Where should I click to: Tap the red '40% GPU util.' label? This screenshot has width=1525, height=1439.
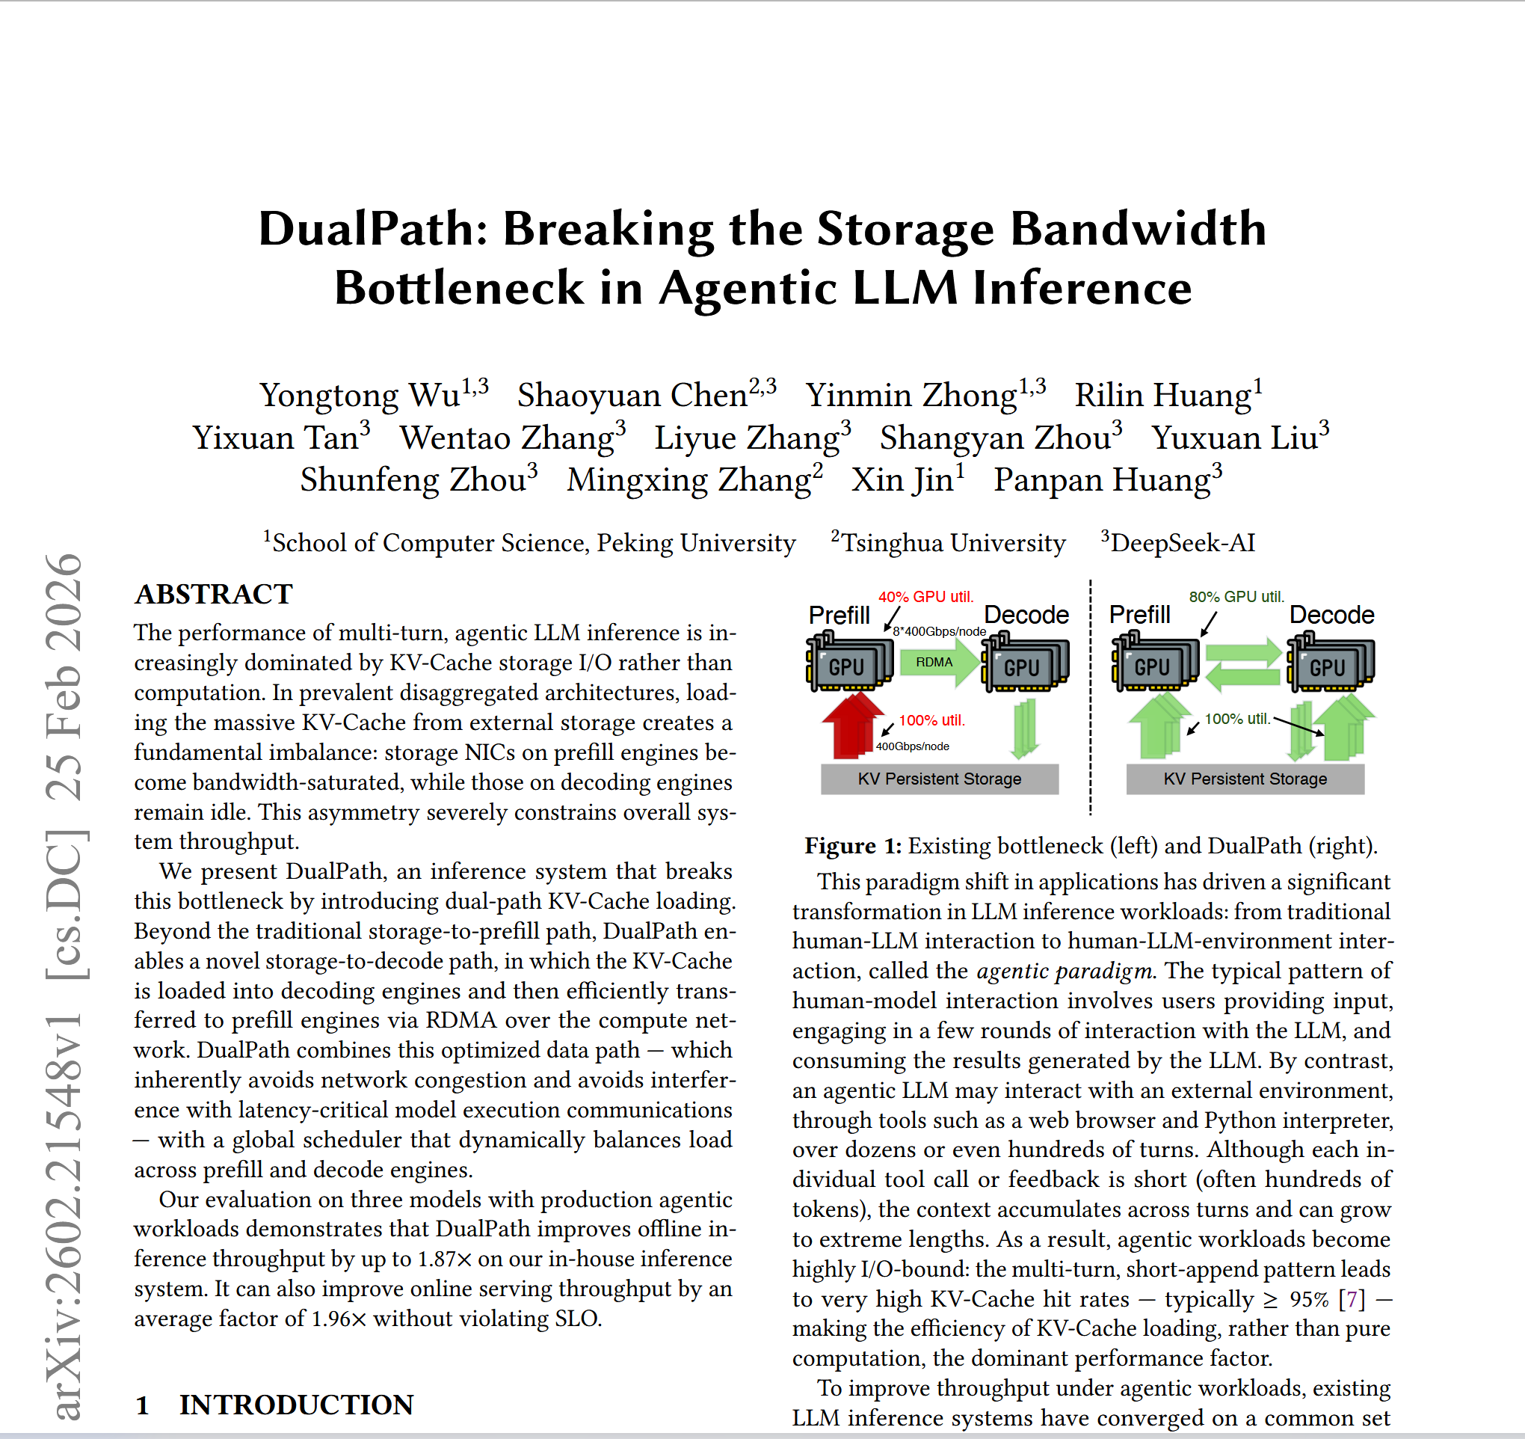[925, 597]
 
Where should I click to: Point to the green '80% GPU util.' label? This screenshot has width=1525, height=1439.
[1236, 597]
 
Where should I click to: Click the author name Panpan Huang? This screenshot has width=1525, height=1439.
[1102, 480]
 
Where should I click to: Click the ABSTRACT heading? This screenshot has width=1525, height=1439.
[214, 594]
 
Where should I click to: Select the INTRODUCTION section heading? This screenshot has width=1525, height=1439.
[296, 1405]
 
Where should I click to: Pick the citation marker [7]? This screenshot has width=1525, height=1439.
[1352, 1299]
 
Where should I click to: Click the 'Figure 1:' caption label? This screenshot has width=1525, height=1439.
[852, 846]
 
